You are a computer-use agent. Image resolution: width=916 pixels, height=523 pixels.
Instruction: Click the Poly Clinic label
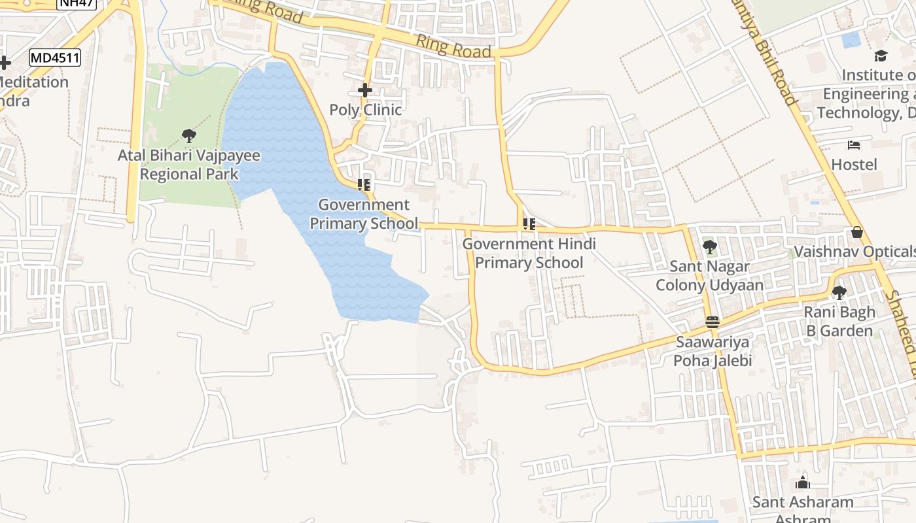coord(365,110)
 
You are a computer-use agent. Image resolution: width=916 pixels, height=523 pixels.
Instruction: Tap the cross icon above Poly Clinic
coord(365,90)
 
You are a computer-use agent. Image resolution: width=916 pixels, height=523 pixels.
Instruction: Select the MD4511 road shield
coord(55,58)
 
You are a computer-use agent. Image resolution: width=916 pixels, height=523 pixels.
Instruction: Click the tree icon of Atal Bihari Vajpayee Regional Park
coord(189,136)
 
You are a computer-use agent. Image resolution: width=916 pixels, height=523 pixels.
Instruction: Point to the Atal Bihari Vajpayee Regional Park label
coord(189,165)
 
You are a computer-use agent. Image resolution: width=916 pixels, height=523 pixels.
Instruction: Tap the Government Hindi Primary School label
coord(529,253)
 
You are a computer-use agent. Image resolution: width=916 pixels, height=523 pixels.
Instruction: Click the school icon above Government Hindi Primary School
coord(529,225)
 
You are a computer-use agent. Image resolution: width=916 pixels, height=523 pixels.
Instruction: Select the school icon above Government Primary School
coord(364,185)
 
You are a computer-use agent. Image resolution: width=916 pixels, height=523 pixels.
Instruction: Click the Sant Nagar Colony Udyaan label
coord(709,276)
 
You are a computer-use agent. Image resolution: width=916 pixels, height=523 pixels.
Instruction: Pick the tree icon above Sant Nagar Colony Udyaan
coord(709,247)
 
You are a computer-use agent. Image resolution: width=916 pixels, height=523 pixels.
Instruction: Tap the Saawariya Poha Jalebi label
coord(713,351)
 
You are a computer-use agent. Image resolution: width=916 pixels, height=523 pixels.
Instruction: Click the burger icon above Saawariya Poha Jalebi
coord(713,322)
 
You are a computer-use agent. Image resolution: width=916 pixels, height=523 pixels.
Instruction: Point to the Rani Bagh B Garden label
coord(839,322)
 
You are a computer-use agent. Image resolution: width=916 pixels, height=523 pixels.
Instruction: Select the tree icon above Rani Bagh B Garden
coord(839,292)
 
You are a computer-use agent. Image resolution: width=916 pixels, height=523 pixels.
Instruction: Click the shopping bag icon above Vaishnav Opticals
coord(856,233)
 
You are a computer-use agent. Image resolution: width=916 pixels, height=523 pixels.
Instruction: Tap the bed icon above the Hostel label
coord(854,145)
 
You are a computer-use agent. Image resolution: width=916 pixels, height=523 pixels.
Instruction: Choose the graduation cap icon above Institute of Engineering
coord(881,56)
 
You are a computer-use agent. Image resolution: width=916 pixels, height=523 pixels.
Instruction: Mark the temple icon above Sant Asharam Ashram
coord(803,483)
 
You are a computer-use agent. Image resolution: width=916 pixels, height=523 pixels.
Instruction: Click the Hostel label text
coord(854,165)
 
